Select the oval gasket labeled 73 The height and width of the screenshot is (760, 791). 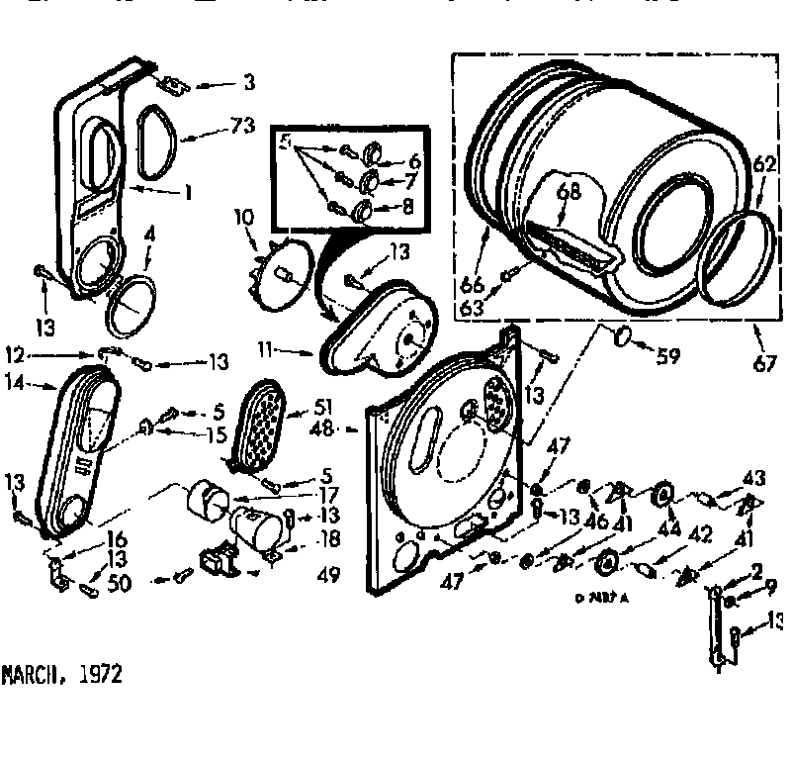click(155, 138)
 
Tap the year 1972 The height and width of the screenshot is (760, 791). click(101, 675)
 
